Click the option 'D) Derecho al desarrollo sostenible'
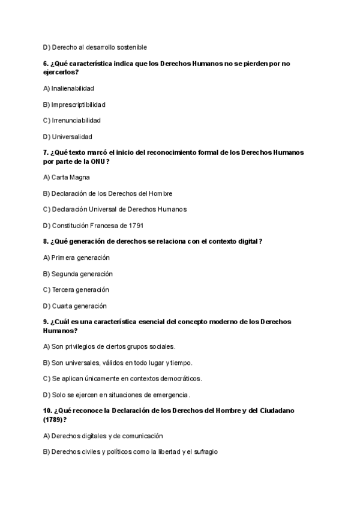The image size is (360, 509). (95, 47)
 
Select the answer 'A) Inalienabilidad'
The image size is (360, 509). (68, 88)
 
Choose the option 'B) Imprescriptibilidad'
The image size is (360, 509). (74, 104)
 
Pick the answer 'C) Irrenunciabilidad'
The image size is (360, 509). (72, 120)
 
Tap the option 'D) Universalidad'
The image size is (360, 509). (68, 136)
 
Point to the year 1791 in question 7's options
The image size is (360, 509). (135, 226)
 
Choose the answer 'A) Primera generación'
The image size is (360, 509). (76, 258)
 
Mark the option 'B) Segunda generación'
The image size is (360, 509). (77, 274)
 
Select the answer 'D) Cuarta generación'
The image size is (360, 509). (74, 306)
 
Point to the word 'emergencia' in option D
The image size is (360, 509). (170, 395)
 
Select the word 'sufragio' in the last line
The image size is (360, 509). (204, 452)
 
